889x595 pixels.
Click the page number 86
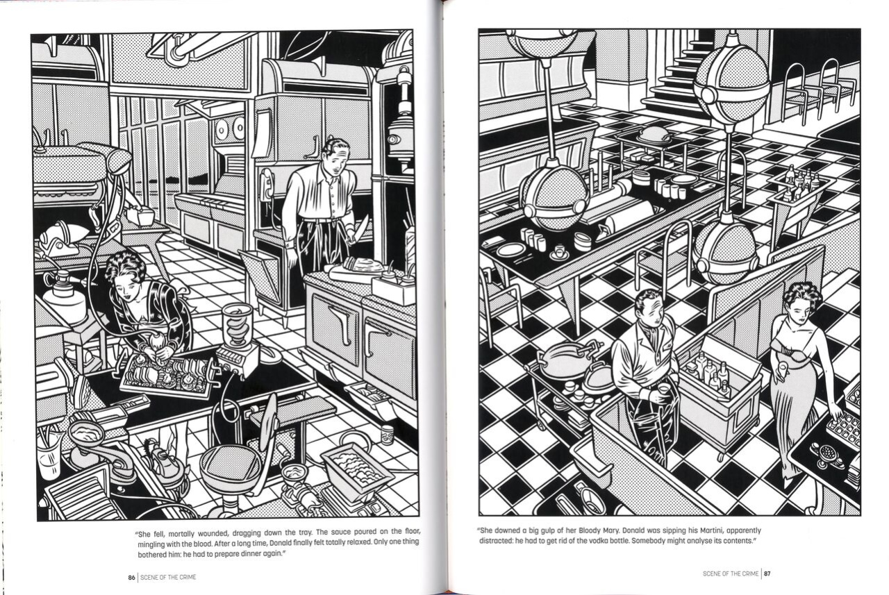pos(131,578)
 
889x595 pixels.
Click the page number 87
pos(767,573)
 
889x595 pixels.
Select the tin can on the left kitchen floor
pos(387,435)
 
